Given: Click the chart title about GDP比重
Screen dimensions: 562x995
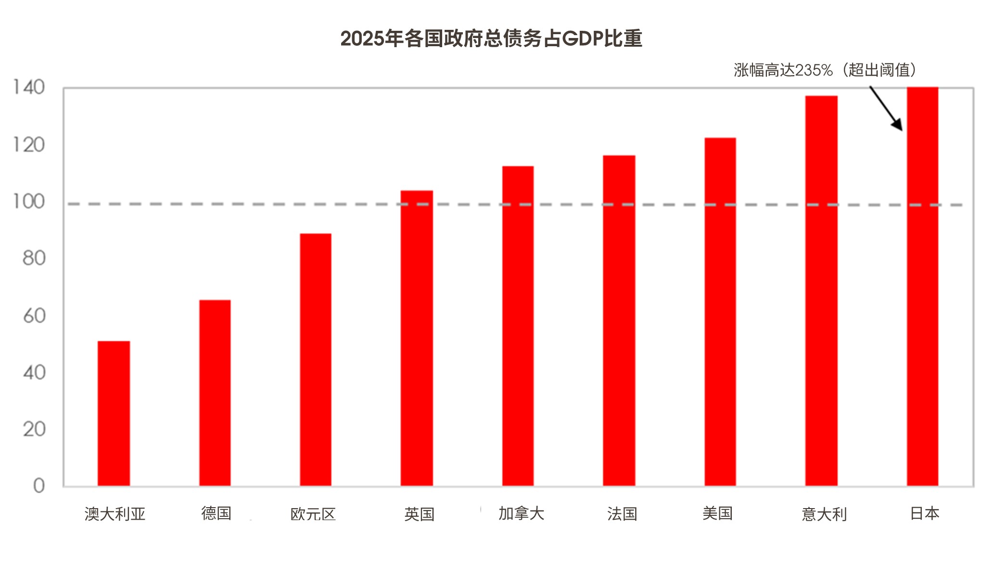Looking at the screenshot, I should (491, 38).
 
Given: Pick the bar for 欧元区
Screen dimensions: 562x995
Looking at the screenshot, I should (316, 359).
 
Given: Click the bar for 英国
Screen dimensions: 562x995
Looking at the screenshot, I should (417, 338).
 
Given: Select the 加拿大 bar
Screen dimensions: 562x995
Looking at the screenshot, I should (518, 326).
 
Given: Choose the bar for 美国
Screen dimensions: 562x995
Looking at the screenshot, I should (720, 311).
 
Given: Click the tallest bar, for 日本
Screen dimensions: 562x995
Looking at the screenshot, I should (922, 286).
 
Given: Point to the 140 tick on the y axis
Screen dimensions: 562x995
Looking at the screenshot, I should (29, 88).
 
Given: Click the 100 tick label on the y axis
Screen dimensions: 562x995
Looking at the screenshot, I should (29, 202).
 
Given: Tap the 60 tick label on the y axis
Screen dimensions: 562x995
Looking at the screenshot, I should (34, 316).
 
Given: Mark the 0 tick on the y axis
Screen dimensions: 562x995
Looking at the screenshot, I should (39, 485).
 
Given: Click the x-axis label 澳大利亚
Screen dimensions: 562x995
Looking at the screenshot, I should (115, 514).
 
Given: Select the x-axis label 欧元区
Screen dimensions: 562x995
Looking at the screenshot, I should (313, 514).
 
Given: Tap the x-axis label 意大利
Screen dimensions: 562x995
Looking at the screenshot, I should (824, 514).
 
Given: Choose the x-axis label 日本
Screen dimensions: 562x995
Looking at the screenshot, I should (924, 513).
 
